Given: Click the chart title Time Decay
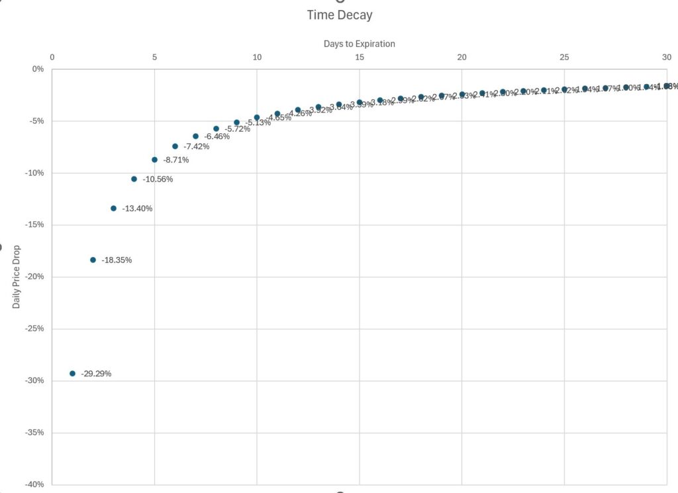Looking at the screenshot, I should point(339,15).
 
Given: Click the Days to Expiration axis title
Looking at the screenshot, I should point(359,44).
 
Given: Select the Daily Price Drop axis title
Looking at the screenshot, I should point(17,278).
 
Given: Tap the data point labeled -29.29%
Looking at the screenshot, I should point(72,374).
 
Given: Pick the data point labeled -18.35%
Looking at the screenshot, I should point(93,260).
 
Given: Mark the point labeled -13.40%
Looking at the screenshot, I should point(113,208).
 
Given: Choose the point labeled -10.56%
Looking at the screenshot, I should point(134,179).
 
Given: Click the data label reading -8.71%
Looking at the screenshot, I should point(176,160).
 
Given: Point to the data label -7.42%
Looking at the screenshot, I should point(196,146).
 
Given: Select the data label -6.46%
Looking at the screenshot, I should point(217,137).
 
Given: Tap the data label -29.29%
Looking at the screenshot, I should point(96,374).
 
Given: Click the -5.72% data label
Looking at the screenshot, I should point(237,129).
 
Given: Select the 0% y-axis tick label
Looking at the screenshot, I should point(37,69).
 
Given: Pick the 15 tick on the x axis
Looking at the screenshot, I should point(360,58).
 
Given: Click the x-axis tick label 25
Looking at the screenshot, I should point(564,58).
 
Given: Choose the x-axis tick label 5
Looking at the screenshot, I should point(154,58).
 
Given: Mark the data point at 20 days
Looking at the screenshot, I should point(462,95).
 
